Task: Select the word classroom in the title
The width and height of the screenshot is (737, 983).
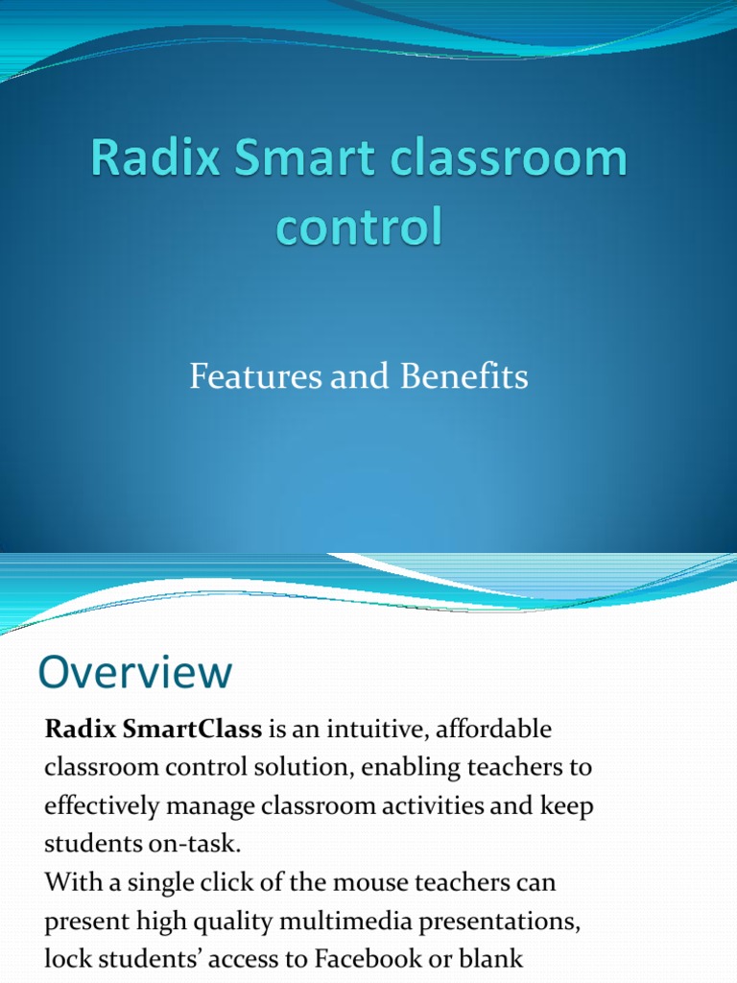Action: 513,159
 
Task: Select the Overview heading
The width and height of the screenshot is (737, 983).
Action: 134,672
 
